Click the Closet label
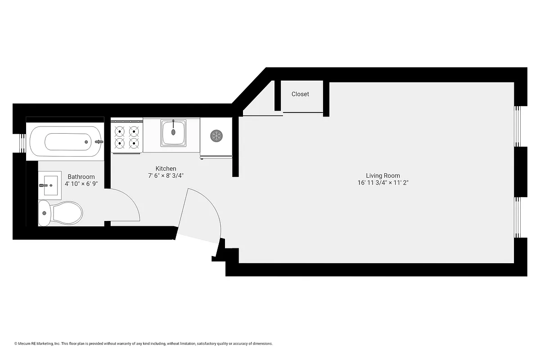point(300,94)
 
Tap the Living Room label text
point(382,176)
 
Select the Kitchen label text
point(166,169)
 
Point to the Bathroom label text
point(81,177)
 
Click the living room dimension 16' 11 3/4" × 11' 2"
point(382,183)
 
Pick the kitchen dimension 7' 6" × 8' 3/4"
point(166,175)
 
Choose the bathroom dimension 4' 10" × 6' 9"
point(81,184)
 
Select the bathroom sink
point(50,185)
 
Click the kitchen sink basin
point(173,132)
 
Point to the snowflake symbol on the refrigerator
point(216,135)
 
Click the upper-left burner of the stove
point(120,131)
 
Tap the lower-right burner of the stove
point(133,144)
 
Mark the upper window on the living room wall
point(518,126)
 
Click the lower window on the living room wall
point(518,217)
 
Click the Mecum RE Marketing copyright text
point(144,344)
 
